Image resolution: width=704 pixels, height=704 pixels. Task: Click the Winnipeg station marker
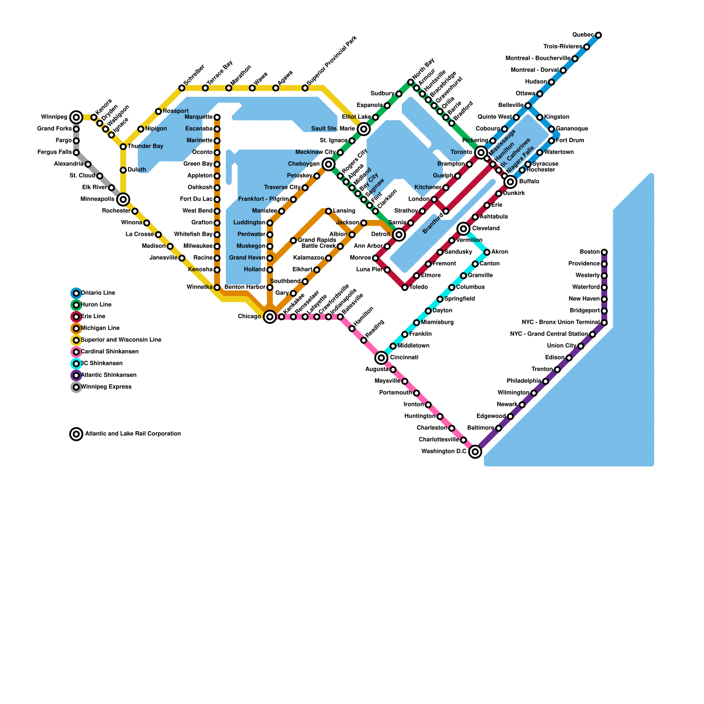point(76,117)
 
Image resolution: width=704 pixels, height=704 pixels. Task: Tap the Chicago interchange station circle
point(270,316)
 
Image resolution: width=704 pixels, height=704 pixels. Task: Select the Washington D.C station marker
point(475,451)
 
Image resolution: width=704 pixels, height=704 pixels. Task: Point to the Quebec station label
point(583,35)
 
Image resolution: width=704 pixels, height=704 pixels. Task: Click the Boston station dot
point(604,252)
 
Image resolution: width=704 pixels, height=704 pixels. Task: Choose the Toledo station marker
point(405,287)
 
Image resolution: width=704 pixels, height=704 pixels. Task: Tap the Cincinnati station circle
point(381,358)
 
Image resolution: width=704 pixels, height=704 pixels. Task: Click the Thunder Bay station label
point(145,146)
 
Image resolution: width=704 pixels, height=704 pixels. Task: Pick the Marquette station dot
point(217,117)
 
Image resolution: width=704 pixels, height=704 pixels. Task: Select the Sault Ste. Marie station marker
point(363,129)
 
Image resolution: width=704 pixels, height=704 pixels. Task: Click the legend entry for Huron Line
point(96,304)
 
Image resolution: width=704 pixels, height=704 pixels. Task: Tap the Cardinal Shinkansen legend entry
point(110,352)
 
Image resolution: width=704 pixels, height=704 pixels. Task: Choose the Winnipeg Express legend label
point(106,387)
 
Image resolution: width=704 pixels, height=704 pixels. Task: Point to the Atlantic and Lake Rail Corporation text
point(133,434)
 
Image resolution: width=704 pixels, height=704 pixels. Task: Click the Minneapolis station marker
point(123,199)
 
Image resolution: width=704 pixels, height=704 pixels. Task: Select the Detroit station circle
point(399,235)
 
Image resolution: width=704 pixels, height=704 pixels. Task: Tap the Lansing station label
point(344,211)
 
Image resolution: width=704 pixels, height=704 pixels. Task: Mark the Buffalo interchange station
point(510,182)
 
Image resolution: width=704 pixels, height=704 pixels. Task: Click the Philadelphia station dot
point(546,381)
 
